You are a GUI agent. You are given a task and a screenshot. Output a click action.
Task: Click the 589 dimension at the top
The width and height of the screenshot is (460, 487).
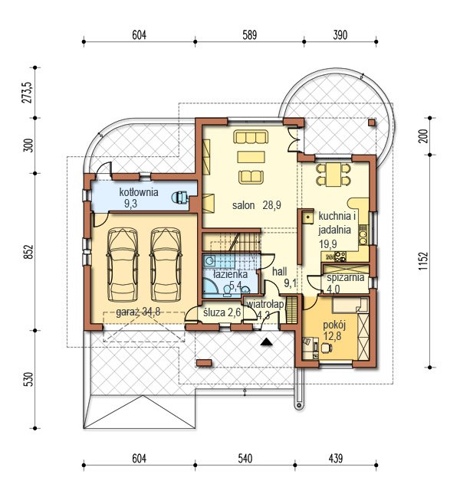[x=250, y=34]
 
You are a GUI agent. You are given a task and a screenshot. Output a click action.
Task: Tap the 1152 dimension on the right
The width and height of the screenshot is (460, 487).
[x=423, y=261]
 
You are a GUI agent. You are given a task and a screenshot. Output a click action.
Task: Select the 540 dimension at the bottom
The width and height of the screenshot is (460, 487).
[x=245, y=458]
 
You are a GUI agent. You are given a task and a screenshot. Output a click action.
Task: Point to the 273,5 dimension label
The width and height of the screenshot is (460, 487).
[x=28, y=92]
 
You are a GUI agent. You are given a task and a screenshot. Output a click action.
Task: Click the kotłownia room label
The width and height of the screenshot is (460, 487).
[x=139, y=192]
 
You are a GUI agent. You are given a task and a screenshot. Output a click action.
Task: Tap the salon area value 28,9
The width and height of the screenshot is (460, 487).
[x=272, y=205]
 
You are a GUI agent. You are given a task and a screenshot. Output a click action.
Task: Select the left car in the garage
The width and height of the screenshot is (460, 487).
[x=123, y=265]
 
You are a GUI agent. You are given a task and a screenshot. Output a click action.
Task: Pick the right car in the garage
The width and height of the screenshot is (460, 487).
[x=166, y=265]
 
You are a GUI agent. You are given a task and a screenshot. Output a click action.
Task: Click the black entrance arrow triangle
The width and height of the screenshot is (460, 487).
[x=267, y=342]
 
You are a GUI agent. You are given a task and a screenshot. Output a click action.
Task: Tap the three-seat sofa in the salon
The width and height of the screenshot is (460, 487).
[x=251, y=137]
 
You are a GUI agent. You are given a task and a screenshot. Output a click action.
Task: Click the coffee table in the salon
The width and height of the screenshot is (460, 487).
[x=251, y=157]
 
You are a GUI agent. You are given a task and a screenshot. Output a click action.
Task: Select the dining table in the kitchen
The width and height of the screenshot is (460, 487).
[x=333, y=175]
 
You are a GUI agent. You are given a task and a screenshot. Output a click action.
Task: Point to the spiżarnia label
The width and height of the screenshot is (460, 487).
[x=346, y=277]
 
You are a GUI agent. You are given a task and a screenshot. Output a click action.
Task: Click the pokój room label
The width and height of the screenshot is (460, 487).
[x=334, y=325]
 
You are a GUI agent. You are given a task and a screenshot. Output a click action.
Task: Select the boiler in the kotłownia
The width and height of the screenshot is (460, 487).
[x=180, y=198]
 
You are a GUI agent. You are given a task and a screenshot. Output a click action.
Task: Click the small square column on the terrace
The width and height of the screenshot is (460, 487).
[x=372, y=123]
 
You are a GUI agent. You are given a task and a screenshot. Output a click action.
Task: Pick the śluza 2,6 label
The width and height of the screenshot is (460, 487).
[x=222, y=312]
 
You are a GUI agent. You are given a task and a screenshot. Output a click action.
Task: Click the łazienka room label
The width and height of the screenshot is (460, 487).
[x=231, y=274]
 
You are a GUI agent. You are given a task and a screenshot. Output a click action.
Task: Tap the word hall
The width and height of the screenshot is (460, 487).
[x=280, y=272]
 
